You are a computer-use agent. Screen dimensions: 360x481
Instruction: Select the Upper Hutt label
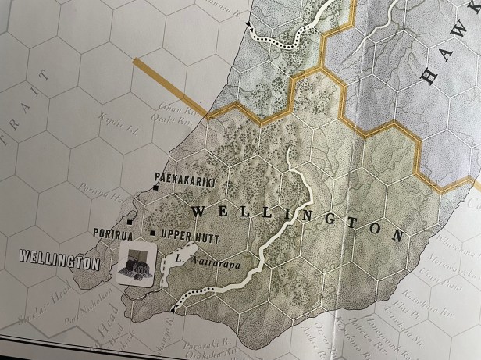(190, 234)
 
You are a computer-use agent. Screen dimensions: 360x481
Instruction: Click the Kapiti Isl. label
(110, 123)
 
